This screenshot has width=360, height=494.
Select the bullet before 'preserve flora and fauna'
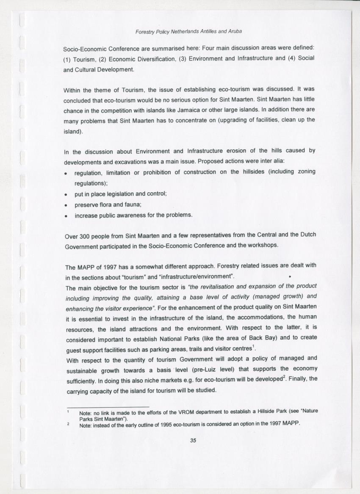pos(66,205)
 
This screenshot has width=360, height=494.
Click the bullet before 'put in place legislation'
pos(66,194)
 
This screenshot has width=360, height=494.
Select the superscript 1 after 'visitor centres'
pos(253,347)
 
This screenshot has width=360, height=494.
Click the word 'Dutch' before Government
pos(307,235)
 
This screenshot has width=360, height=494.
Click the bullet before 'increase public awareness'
pos(66,216)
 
